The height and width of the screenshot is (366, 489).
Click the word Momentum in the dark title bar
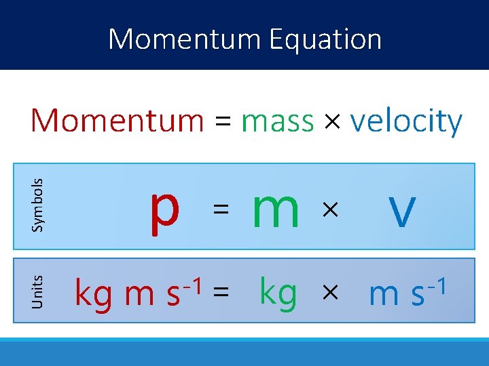tap(185, 39)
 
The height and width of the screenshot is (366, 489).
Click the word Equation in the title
tap(325, 39)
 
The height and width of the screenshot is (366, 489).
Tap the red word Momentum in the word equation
tap(117, 121)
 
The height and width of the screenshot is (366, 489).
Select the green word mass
tap(277, 122)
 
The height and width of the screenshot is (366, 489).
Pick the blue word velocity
tap(406, 122)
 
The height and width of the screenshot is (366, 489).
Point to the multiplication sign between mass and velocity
tap(332, 123)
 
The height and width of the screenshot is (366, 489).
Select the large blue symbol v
tap(402, 210)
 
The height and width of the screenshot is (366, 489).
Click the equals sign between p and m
tap(219, 211)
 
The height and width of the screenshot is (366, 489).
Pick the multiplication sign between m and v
tap(329, 211)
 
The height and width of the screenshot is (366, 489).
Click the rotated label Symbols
tap(38, 204)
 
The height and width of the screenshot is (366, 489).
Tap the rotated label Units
tap(38, 291)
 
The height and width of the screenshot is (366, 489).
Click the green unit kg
tap(278, 293)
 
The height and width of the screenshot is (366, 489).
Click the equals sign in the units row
tap(220, 293)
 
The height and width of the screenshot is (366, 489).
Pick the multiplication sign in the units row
tap(329, 293)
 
